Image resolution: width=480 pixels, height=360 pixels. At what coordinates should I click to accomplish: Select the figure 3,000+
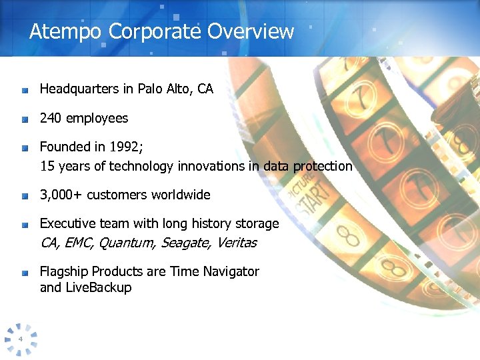[x=61, y=195]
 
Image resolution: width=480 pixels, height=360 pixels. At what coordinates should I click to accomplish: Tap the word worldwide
[x=180, y=195]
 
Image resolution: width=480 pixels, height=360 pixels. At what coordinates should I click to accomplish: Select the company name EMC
[x=79, y=243]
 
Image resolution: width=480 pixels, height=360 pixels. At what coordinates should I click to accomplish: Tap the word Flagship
[x=64, y=271]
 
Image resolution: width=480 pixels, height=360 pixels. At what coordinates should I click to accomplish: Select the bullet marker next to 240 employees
[x=24, y=119]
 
